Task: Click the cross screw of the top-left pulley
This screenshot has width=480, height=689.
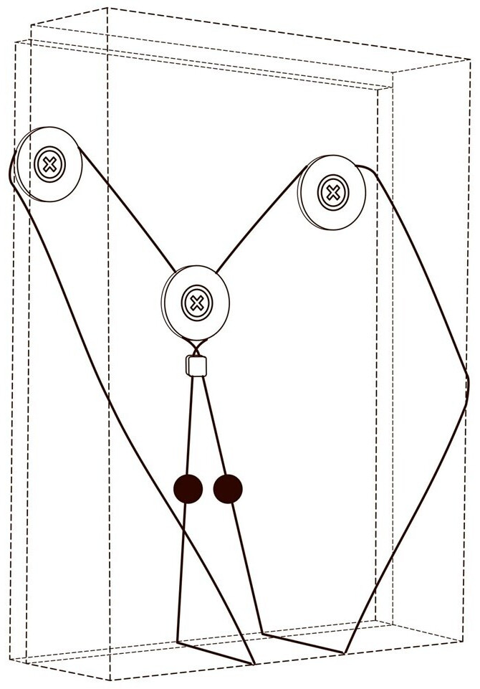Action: (49, 165)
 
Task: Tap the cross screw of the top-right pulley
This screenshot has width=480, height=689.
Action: (332, 192)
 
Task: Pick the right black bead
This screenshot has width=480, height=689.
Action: (228, 489)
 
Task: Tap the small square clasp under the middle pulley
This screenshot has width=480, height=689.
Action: (196, 366)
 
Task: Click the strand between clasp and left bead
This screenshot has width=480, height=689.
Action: (190, 423)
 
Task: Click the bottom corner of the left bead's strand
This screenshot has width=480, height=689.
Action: (177, 641)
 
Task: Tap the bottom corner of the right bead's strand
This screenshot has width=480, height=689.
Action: (263, 633)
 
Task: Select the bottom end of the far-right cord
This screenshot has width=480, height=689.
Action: (345, 653)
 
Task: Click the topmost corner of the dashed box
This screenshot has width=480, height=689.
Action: (107, 8)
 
